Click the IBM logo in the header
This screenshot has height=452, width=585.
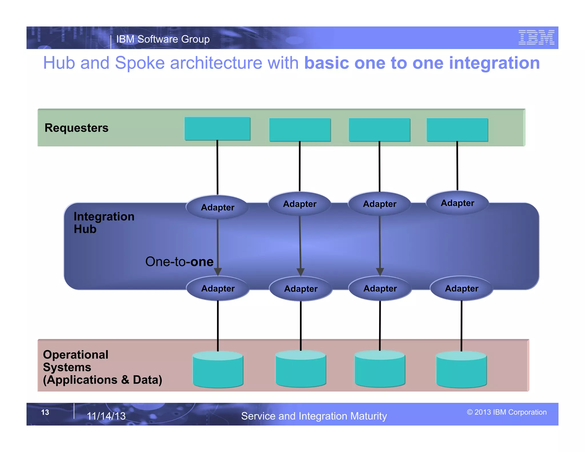pos(536,37)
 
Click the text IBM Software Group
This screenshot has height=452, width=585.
pos(163,39)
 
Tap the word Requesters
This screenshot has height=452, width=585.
pos(76,128)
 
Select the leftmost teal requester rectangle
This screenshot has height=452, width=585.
pos(217,129)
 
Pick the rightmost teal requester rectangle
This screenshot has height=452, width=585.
pos(457,130)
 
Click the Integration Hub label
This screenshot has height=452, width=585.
pos(104,223)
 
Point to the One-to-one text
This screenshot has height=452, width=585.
pos(179,261)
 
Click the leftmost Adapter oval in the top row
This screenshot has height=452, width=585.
pos(217,207)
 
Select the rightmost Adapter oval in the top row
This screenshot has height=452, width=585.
pos(457,203)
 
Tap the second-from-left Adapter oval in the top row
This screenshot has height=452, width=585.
pos(300,204)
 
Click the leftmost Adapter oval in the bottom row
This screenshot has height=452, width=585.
pos(218,288)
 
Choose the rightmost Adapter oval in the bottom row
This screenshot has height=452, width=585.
pos(461,288)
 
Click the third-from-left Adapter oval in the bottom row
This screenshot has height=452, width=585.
pos(380,288)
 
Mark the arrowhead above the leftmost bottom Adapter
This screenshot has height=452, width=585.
pos(218,272)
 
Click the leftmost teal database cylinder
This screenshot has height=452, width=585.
pos(218,370)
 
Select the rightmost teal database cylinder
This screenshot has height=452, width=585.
pos(461,370)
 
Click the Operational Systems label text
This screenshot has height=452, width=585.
pos(102,367)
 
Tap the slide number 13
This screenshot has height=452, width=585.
pos(45,412)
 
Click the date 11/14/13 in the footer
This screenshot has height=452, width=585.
pos(106,416)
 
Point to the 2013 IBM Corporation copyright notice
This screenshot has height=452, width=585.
pos(506,412)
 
